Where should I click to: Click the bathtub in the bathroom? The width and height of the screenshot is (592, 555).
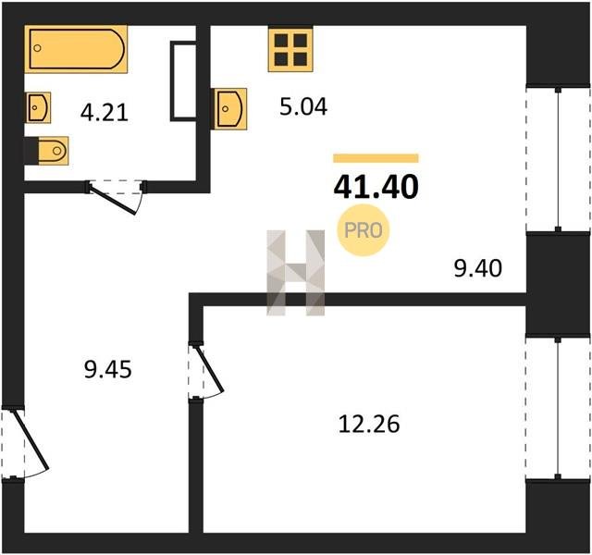[76, 49]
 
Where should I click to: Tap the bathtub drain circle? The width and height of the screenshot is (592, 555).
[37, 48]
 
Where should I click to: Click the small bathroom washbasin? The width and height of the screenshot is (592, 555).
[38, 107]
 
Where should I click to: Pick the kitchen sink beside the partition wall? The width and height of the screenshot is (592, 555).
[228, 109]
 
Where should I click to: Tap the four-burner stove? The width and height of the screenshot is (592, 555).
[290, 49]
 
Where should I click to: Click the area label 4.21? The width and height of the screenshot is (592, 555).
[105, 113]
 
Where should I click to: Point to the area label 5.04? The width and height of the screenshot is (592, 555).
[303, 106]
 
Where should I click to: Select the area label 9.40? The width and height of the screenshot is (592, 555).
[477, 268]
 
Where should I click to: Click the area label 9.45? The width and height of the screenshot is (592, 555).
[108, 369]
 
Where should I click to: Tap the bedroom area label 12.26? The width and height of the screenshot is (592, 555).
[369, 424]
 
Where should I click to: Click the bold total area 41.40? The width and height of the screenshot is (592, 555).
[376, 188]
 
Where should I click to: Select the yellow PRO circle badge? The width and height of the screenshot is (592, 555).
[363, 230]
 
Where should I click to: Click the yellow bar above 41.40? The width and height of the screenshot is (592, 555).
[376, 158]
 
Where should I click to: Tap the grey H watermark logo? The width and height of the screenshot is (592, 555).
[296, 272]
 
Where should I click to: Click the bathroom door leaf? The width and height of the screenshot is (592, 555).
[113, 199]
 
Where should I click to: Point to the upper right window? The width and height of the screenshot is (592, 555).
[558, 159]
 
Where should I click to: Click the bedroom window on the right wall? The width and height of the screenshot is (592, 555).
[558, 409]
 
